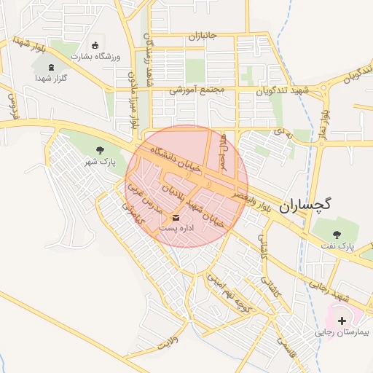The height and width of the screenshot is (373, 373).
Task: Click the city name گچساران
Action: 304,205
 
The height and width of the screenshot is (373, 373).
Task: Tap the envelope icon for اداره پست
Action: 176,217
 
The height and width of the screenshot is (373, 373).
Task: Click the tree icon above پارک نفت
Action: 337,234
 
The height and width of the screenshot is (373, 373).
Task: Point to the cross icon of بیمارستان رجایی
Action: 342,321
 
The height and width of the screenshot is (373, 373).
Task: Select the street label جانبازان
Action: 203,36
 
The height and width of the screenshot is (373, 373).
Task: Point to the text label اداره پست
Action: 176,229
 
